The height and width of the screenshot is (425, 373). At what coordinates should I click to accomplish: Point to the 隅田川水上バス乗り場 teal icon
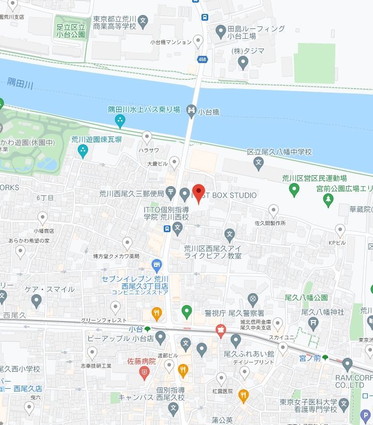tap(120, 122)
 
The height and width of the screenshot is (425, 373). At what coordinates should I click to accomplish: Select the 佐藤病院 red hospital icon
tap(147, 372)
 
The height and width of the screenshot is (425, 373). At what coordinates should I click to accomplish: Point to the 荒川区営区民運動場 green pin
tap(294, 191)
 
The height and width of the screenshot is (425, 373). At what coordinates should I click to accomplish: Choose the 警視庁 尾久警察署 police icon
tap(252, 299)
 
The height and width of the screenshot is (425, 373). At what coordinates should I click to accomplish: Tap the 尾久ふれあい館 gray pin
tap(236, 341)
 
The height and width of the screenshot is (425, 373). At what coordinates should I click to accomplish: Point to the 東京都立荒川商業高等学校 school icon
tap(144, 22)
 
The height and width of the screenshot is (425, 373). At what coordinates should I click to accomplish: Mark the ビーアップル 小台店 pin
tap(160, 339)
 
